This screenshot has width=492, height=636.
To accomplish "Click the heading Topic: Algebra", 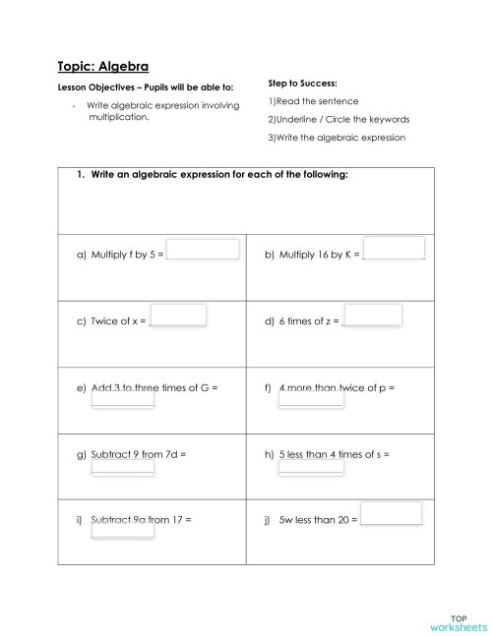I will [102, 67].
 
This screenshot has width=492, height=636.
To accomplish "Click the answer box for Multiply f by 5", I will [203, 250].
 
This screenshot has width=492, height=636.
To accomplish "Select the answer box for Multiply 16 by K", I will [394, 248].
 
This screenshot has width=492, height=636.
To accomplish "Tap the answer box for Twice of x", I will [178, 315].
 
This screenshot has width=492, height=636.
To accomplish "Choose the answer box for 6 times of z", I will [373, 315].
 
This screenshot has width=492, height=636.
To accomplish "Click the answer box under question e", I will [122, 398].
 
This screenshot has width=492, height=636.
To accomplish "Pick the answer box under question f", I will [311, 398].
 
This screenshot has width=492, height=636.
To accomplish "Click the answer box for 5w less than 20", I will [391, 513].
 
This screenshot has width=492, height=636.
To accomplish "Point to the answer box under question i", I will [122, 530].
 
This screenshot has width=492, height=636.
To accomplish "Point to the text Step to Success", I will [303, 84].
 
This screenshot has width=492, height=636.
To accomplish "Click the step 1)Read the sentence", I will [313, 101].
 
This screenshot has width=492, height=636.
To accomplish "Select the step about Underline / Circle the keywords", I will [338, 119].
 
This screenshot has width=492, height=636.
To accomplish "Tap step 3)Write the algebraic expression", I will [337, 137].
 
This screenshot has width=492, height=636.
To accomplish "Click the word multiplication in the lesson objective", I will [118, 116].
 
